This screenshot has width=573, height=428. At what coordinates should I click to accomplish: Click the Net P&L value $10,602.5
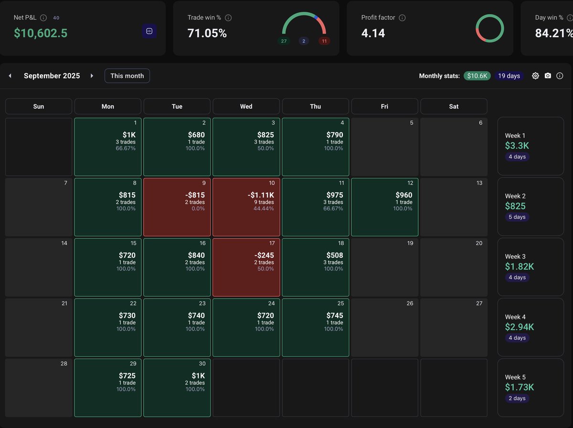pyautogui.click(x=41, y=33)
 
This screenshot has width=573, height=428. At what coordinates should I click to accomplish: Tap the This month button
pyautogui.click(x=127, y=76)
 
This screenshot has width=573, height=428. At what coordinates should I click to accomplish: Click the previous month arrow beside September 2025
pyautogui.click(x=10, y=76)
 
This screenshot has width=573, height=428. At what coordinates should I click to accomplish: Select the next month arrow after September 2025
pyautogui.click(x=92, y=76)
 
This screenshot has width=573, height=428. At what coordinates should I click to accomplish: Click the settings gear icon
pyautogui.click(x=535, y=76)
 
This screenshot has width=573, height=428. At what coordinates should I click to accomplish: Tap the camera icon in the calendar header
pyautogui.click(x=548, y=76)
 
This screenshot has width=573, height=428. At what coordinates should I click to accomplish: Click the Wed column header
pyautogui.click(x=246, y=106)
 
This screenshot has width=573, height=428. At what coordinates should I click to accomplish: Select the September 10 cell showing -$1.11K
pyautogui.click(x=246, y=208)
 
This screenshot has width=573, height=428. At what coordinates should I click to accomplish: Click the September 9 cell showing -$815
pyautogui.click(x=177, y=208)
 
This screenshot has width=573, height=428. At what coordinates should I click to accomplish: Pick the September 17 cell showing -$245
pyautogui.click(x=246, y=268)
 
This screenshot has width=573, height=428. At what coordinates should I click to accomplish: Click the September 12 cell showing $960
pyautogui.click(x=384, y=208)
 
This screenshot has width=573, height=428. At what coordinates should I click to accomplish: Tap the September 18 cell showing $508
pyautogui.click(x=315, y=268)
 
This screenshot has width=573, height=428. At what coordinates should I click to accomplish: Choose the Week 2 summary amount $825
pyautogui.click(x=515, y=206)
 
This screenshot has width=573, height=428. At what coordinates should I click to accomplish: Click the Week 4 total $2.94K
pyautogui.click(x=520, y=327)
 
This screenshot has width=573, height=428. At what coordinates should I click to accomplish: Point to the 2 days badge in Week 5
pyautogui.click(x=517, y=398)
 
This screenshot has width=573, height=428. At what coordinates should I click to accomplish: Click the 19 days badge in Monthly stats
pyautogui.click(x=509, y=76)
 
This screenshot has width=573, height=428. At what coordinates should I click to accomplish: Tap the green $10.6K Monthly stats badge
pyautogui.click(x=477, y=76)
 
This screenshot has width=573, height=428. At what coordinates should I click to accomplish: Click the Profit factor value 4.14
pyautogui.click(x=373, y=33)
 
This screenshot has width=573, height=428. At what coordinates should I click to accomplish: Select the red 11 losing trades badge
pyautogui.click(x=324, y=41)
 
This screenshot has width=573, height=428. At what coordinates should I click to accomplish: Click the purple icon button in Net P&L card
pyautogui.click(x=149, y=31)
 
